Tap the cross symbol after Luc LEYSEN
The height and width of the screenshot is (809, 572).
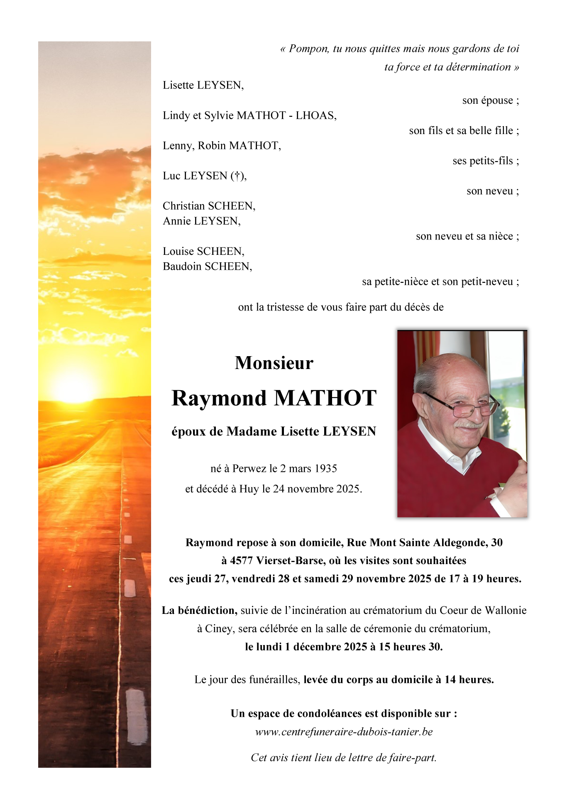237,176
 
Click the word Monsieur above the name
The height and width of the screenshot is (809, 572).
274,363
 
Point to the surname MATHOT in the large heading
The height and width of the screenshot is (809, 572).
325,398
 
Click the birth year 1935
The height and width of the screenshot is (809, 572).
326,469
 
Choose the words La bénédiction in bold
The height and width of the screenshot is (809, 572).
199,611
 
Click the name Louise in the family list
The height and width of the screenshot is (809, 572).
178,252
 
